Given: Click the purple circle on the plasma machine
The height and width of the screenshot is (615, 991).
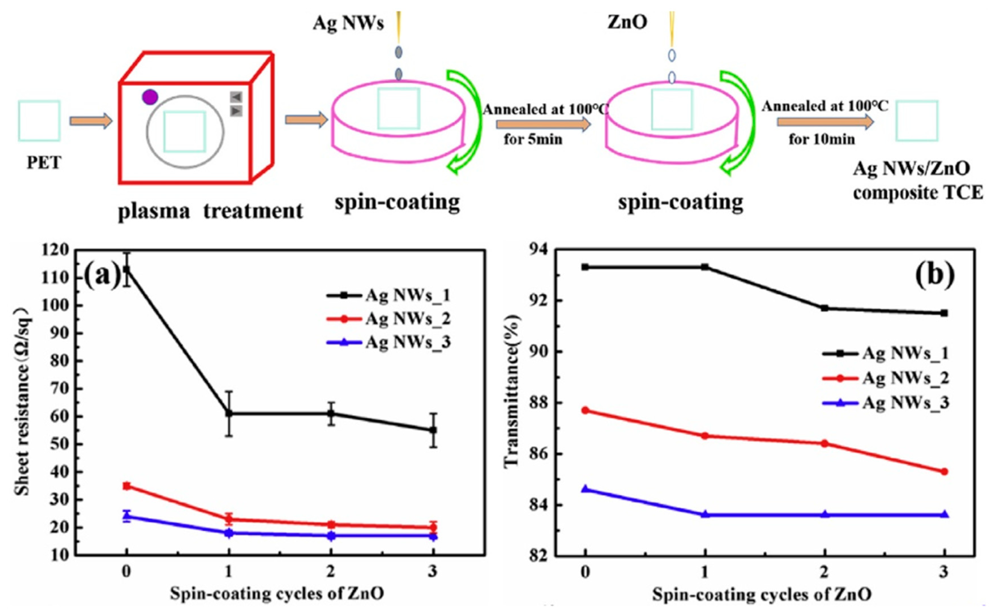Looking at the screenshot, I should coord(150,97).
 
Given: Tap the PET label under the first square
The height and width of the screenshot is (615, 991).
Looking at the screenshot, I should coord(44,163).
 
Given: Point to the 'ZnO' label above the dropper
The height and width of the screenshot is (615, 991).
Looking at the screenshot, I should coord(627,22).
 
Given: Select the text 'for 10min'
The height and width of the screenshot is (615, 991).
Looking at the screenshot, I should coord(822,140).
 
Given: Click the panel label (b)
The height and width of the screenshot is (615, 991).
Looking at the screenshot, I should coord(934,275).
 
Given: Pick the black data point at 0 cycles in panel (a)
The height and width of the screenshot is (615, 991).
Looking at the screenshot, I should coord(127,269).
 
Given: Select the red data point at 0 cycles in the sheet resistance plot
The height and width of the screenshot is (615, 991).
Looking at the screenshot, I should coord(127,486).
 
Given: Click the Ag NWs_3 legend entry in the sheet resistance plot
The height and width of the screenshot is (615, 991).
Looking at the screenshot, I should coord(388,342).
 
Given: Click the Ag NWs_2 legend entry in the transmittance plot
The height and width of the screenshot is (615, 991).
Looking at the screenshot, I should coord(885,378).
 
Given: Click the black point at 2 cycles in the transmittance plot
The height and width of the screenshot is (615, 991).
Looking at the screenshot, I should coord(825,308).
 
